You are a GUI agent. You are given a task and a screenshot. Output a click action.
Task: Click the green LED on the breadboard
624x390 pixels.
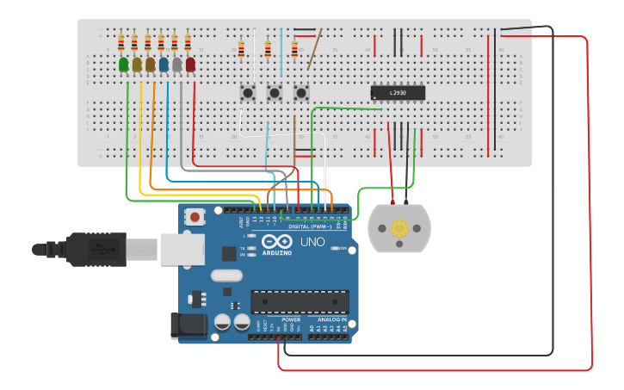pos(124,64)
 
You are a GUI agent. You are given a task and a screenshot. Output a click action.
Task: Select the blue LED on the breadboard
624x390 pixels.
pos(164,64)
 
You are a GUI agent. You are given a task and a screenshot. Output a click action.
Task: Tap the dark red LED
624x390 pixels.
pos(190,64)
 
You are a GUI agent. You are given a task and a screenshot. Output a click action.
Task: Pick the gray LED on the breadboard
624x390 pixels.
pos(176,64)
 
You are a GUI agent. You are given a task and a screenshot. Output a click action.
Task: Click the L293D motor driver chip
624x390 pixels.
pos(397,92)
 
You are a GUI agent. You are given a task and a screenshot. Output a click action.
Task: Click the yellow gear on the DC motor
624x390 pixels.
pos(398,228)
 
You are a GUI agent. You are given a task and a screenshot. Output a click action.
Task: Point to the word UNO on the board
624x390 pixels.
pos(312,242)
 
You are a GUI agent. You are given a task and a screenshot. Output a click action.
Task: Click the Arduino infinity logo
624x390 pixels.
pos(277,242)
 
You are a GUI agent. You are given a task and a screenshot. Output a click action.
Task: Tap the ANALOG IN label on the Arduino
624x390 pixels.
pos(331,319)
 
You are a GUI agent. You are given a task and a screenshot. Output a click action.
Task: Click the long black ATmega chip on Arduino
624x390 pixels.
pos(300,301)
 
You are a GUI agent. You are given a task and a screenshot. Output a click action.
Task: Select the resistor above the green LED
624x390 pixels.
pos(121,43)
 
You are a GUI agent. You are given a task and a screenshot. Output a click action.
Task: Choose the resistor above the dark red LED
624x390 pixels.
pos(188,43)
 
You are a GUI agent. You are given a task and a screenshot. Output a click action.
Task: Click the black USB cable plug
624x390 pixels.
pos(95,249)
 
